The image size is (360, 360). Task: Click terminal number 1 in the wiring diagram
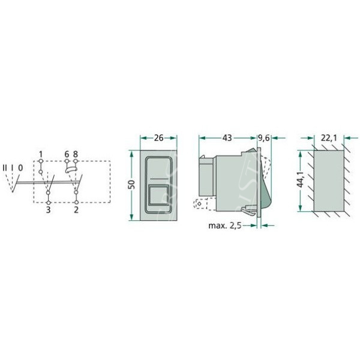41,154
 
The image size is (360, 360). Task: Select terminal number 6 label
67,154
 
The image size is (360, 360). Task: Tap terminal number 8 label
76,154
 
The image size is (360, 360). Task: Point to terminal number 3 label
48,209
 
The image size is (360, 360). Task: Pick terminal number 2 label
76,209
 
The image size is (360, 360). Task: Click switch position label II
5,168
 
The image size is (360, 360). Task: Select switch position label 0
20,168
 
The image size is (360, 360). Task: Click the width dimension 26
158,138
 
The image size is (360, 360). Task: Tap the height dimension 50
131,185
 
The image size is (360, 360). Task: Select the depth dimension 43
227,138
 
